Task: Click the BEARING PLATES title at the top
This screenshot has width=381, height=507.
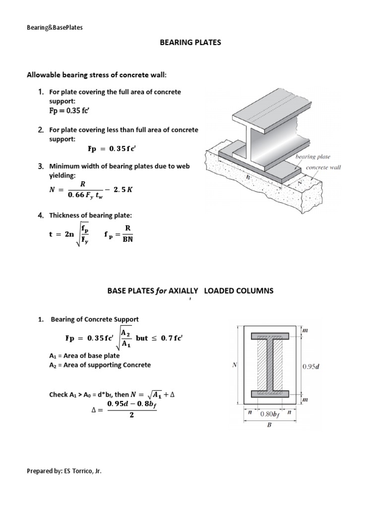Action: [x=190, y=43]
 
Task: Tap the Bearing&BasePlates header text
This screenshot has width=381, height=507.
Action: [x=55, y=27]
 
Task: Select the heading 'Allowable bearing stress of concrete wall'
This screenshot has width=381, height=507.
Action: [x=96, y=75]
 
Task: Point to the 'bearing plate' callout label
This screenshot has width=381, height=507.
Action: [x=313, y=157]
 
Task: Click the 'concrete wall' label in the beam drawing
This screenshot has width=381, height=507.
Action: [x=323, y=167]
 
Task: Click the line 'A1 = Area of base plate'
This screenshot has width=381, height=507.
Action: [x=84, y=355]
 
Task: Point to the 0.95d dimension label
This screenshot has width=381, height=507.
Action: [x=311, y=367]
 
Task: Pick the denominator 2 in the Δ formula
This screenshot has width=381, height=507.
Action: [x=131, y=415]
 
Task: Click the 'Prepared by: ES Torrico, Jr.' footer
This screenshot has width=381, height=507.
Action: [x=64, y=471]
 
